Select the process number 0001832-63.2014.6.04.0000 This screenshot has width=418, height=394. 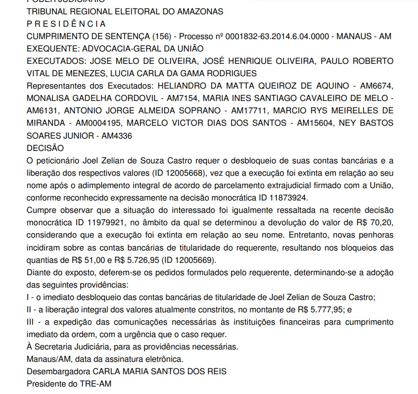tap(254, 37)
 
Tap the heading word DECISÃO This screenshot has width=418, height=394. tap(45, 148)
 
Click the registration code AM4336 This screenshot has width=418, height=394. tap(118, 135)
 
